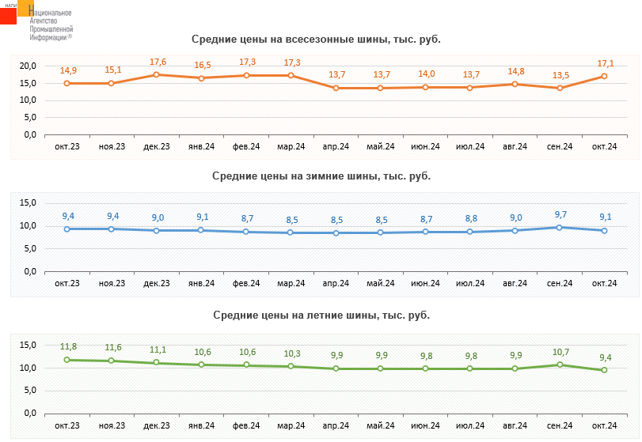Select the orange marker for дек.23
(x=157, y=74)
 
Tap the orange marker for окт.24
(x=605, y=76)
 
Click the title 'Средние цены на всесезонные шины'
(x=316, y=39)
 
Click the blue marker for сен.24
(x=560, y=228)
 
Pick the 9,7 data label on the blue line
(x=560, y=215)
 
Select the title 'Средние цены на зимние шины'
(x=321, y=176)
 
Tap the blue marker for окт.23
(x=67, y=229)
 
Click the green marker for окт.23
(x=67, y=360)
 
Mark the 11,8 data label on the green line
(x=68, y=347)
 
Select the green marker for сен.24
(x=560, y=365)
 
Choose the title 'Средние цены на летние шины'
(x=321, y=315)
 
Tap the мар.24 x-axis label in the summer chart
(x=291, y=425)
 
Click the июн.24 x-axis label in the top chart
(x=426, y=146)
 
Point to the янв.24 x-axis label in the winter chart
(x=201, y=283)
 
